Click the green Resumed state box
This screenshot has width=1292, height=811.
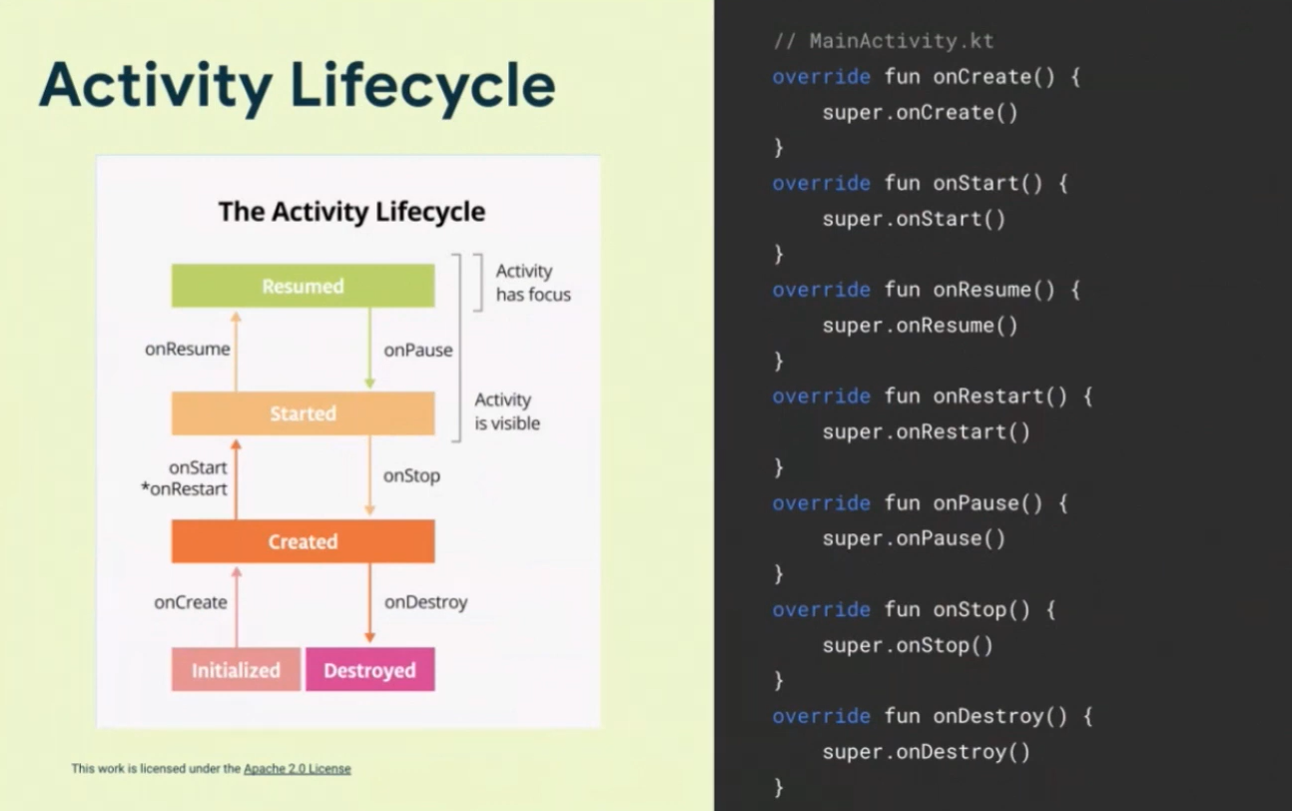pos(303,286)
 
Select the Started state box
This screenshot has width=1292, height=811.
pos(303,413)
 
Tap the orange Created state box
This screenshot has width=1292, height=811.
pos(303,541)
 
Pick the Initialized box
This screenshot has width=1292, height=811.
pos(236,670)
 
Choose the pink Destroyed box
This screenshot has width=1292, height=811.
pos(369,670)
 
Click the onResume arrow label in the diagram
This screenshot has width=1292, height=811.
pos(187,350)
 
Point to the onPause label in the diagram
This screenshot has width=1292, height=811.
pos(418,350)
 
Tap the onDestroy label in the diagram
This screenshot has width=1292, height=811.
pos(425,602)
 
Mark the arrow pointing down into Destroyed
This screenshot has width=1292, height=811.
pos(369,603)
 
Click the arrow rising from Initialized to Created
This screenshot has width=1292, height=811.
pos(237,605)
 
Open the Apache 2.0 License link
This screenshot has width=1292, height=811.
pos(297,768)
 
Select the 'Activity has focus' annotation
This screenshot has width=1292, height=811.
pos(532,283)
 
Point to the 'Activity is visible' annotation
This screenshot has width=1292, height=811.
pos(507,411)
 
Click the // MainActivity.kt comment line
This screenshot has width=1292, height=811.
pos(884,41)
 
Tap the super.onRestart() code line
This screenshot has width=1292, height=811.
pos(926,431)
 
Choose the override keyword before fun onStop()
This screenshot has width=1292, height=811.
pos(821,609)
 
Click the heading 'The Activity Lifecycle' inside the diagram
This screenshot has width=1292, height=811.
pos(351,212)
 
